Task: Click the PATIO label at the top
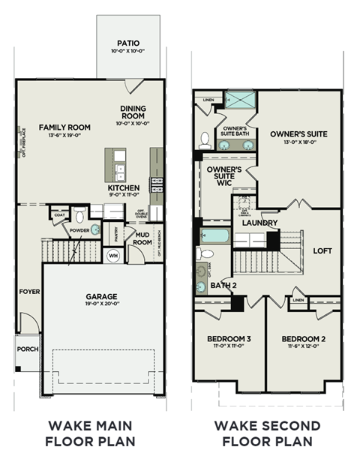tap(127, 43)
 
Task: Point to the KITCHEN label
tap(124, 187)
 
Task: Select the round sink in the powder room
tap(95, 230)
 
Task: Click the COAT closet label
tap(59, 215)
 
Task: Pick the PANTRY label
tap(115, 235)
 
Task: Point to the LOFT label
tap(322, 251)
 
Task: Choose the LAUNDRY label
tap(260, 223)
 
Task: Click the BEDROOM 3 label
tap(229, 339)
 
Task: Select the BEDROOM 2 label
tap(304, 339)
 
